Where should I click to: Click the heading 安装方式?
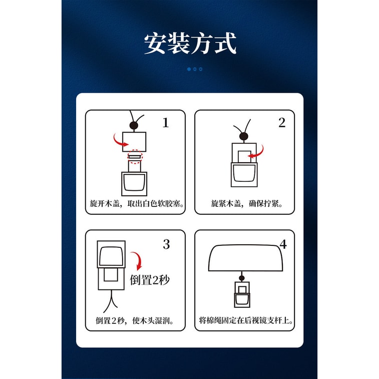[190, 44]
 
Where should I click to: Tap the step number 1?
[166, 123]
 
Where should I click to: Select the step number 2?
[282, 123]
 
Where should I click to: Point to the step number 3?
[166, 244]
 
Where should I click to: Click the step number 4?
[283, 244]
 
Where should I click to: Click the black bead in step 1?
[134, 126]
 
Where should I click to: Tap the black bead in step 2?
[244, 136]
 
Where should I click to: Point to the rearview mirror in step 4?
[246, 258]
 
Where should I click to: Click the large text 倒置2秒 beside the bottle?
[150, 280]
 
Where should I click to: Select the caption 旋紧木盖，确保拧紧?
[247, 204]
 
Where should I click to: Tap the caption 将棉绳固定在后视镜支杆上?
[246, 320]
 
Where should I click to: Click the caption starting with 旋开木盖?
[137, 204]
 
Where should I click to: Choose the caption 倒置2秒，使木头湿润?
[135, 320]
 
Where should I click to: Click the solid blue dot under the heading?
[189, 69]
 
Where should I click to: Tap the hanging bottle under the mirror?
[242, 294]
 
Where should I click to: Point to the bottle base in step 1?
[134, 184]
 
